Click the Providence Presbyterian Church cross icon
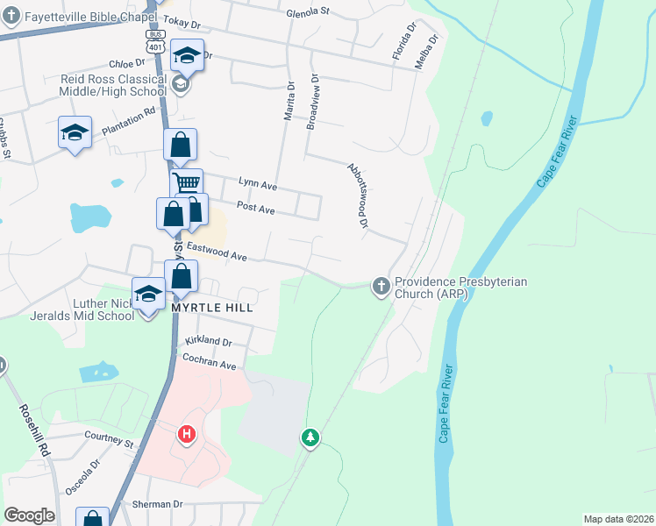tap(381, 286)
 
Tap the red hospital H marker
tap(186, 433)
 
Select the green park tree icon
tap(310, 437)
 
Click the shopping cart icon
tap(186, 183)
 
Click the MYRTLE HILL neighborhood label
tap(212, 308)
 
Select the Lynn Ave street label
tap(258, 185)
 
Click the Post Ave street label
tap(256, 210)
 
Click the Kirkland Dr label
tap(208, 341)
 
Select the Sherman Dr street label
tap(157, 504)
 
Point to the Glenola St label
tap(307, 12)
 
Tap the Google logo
tap(29, 515)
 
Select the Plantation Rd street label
tap(128, 120)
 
